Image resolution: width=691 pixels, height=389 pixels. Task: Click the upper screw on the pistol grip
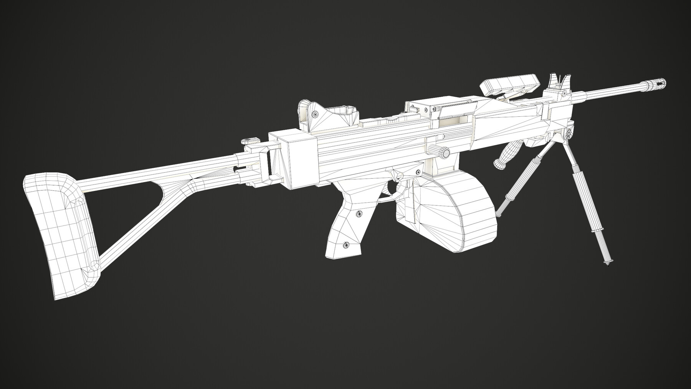coord(360,214)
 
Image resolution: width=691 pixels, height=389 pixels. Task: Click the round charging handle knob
coord(444,152)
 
